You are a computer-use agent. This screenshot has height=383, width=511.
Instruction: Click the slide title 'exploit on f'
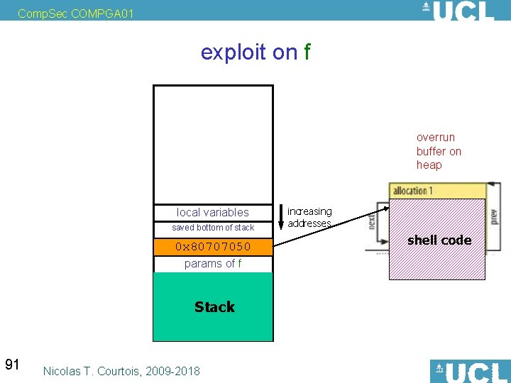tap(255, 52)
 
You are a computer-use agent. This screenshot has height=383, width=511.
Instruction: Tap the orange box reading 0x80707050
tap(213, 247)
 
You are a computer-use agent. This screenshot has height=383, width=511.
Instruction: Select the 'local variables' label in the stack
tap(213, 212)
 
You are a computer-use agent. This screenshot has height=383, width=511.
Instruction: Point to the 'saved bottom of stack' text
tap(213, 228)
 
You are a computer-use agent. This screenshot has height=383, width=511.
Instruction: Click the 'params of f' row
tap(213, 264)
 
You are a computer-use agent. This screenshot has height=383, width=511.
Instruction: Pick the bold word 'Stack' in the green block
tap(214, 307)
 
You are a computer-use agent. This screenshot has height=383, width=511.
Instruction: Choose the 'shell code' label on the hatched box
tap(439, 240)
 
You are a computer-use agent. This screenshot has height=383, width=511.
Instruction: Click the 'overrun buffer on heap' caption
tap(439, 151)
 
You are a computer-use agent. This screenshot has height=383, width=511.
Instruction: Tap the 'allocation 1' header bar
tap(436, 191)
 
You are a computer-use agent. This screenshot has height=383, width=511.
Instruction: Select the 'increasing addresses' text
tap(309, 217)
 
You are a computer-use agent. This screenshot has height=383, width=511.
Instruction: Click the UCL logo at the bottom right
tap(469, 371)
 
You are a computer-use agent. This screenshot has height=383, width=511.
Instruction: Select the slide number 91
tap(12, 365)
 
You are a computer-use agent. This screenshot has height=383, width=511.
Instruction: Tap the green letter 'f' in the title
tap(307, 52)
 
